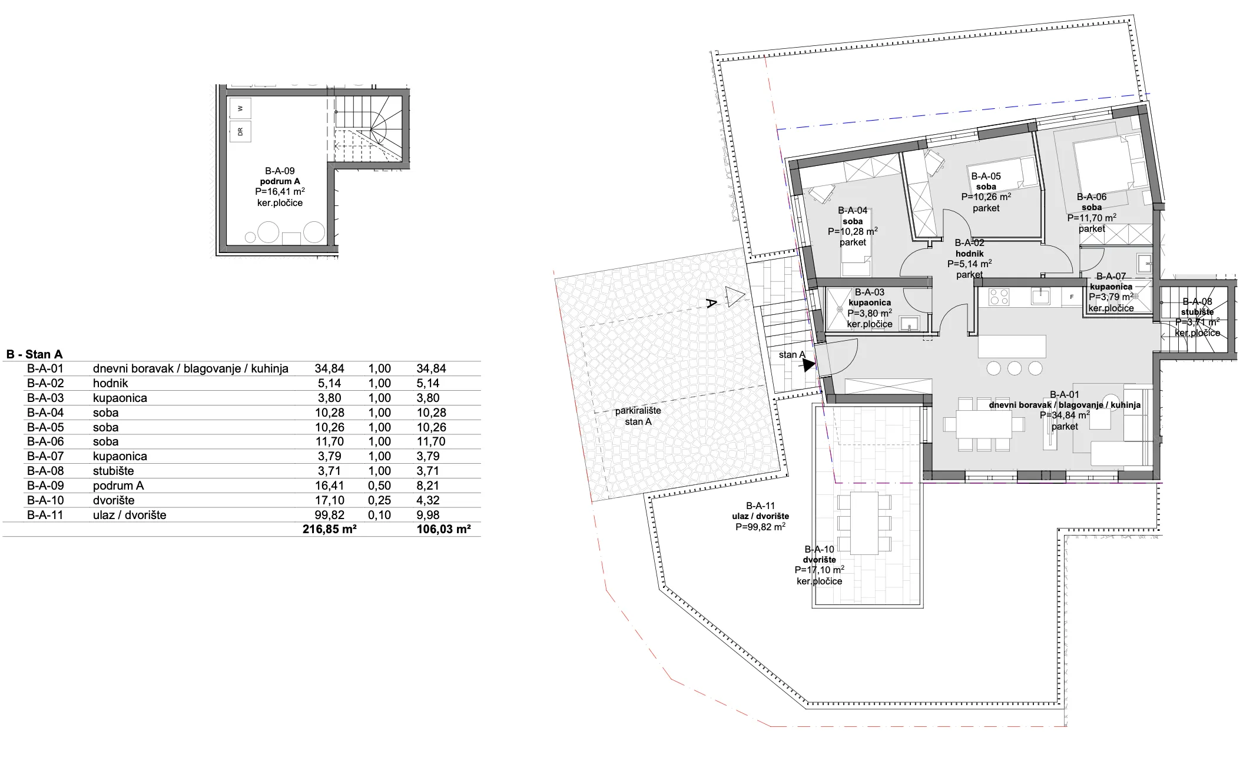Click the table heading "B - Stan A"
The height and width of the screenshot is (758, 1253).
(34, 355)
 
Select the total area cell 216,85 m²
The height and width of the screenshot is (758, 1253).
(330, 529)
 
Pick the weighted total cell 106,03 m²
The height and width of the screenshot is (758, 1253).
(443, 529)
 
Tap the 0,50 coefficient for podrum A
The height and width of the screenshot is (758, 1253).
(380, 486)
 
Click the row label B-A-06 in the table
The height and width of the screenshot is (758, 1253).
(45, 441)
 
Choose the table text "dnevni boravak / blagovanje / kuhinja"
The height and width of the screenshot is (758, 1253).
(191, 369)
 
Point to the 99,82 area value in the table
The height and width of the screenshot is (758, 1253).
(330, 515)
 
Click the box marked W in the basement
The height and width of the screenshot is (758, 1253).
(240, 108)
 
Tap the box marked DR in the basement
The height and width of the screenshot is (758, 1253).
(240, 132)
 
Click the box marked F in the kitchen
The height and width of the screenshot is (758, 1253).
(1072, 297)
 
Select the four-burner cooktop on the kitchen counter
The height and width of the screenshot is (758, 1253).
(998, 296)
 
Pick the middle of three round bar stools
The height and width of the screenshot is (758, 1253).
(1014, 368)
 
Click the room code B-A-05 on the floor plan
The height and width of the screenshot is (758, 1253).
(986, 176)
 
